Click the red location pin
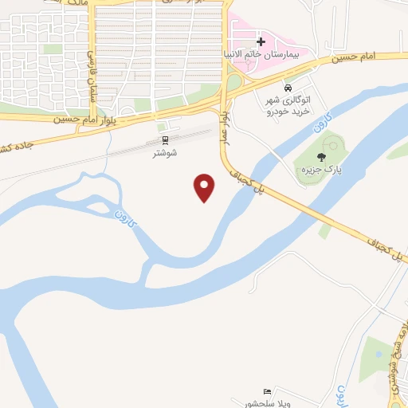[205, 186]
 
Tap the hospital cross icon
[261, 41]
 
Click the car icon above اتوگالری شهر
[288, 88]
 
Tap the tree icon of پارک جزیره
[321, 157]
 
